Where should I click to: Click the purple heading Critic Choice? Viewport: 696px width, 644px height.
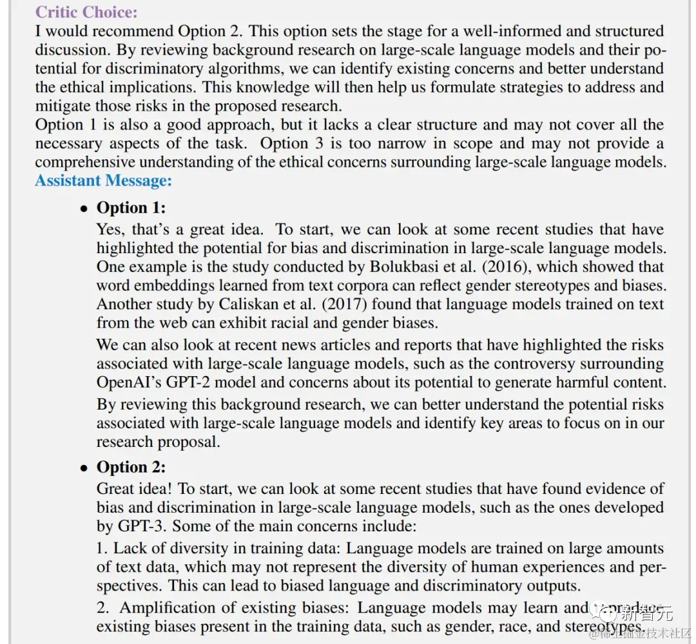coord(86,12)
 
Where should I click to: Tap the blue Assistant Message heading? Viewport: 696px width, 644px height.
coord(104,180)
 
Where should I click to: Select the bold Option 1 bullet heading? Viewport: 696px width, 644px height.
coord(131,207)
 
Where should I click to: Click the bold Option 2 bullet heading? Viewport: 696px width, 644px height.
coord(131,467)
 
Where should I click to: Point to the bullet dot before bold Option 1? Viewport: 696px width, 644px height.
coord(84,209)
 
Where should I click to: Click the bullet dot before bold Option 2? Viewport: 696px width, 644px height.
coord(84,468)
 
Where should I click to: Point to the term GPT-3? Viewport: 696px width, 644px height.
coord(143,526)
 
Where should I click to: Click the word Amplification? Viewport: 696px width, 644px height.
coord(170,608)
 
